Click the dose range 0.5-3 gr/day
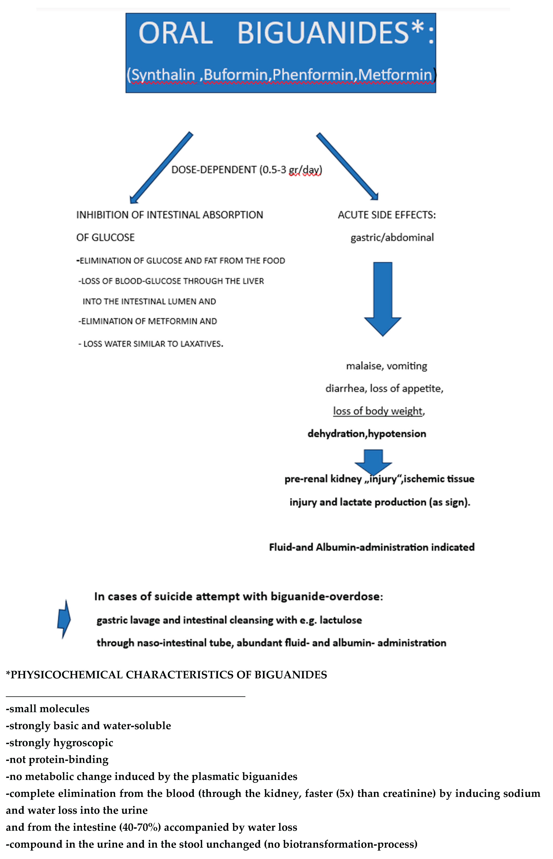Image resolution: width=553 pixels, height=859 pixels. (x=291, y=170)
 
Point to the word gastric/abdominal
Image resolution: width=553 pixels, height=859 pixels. (x=392, y=238)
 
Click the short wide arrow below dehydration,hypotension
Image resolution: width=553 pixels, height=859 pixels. (x=374, y=461)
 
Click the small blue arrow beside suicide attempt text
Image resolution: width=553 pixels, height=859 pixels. (x=64, y=619)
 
